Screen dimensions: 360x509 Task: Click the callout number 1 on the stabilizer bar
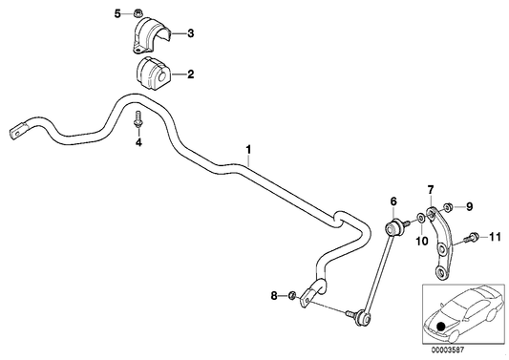[x=249, y=149]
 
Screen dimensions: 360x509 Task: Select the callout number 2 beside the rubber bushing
[x=191, y=73]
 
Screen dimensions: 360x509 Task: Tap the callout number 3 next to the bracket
[x=191, y=34]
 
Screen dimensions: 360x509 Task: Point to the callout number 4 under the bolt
[x=138, y=143]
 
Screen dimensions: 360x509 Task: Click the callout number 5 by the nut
[x=118, y=13]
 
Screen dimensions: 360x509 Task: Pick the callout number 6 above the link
[x=392, y=201]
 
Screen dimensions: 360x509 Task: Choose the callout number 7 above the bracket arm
[x=431, y=189]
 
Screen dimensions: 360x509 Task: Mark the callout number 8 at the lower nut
[x=275, y=297]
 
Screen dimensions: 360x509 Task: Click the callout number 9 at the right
[x=469, y=205]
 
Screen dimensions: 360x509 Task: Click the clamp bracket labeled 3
[x=150, y=37]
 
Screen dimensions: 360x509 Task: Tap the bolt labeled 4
[x=138, y=121]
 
